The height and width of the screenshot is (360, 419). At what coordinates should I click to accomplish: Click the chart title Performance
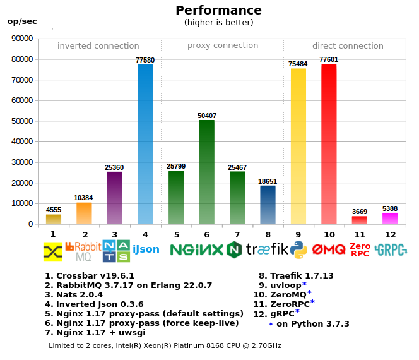click(x=218, y=10)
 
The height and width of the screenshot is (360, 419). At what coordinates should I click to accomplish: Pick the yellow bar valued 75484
click(x=298, y=146)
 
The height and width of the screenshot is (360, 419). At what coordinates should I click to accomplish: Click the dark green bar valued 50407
click(x=207, y=172)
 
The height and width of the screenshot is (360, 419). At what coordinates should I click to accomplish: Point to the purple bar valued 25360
click(x=115, y=198)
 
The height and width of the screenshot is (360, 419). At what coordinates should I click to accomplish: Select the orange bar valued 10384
click(x=85, y=213)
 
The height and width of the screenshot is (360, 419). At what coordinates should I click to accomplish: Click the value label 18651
click(x=268, y=181)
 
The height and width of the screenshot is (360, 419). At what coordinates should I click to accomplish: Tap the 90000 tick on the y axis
click(x=23, y=39)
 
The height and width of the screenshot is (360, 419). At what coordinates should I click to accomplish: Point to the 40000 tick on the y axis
click(x=23, y=141)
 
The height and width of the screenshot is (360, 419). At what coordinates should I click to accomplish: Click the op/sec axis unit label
click(x=22, y=21)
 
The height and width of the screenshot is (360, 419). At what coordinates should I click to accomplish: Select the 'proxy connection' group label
click(x=223, y=45)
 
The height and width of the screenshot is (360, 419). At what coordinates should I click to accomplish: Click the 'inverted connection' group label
click(x=98, y=46)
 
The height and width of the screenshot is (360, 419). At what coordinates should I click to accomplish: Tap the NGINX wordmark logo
click(x=197, y=249)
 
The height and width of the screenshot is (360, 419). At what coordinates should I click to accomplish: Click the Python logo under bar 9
click(x=298, y=250)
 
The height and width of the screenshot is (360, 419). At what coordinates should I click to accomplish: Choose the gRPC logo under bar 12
click(x=390, y=249)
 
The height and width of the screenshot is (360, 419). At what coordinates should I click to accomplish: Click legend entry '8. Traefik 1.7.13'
click(x=296, y=275)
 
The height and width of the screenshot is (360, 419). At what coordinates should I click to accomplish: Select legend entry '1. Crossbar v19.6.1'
click(x=90, y=276)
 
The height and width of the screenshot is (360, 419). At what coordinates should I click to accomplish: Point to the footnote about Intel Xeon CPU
click(x=165, y=345)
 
